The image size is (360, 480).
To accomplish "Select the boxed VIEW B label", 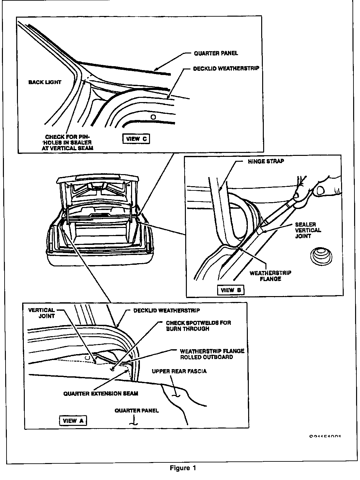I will pos(231,290).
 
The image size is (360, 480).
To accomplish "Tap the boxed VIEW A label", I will pos(73,421).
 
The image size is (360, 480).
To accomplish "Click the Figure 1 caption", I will pos(183,468).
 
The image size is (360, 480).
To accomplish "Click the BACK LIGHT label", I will pos(45,82).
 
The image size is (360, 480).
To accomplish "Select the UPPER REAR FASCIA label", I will pos(179,371).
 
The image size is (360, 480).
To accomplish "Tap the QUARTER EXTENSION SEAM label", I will pos(101,393).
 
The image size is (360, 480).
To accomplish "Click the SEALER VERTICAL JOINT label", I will pos(308,230).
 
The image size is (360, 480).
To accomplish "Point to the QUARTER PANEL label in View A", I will pos(137,411).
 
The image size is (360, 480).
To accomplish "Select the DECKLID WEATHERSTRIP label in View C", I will pos(226,69).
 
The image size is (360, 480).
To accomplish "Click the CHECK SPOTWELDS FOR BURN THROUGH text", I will pos(198,325).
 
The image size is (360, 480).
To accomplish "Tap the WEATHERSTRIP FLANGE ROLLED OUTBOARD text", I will pos(212,354).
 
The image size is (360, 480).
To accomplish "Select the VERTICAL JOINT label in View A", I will pos(41,313).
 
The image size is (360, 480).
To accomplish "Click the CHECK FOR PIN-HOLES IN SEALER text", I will pos(68,142).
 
